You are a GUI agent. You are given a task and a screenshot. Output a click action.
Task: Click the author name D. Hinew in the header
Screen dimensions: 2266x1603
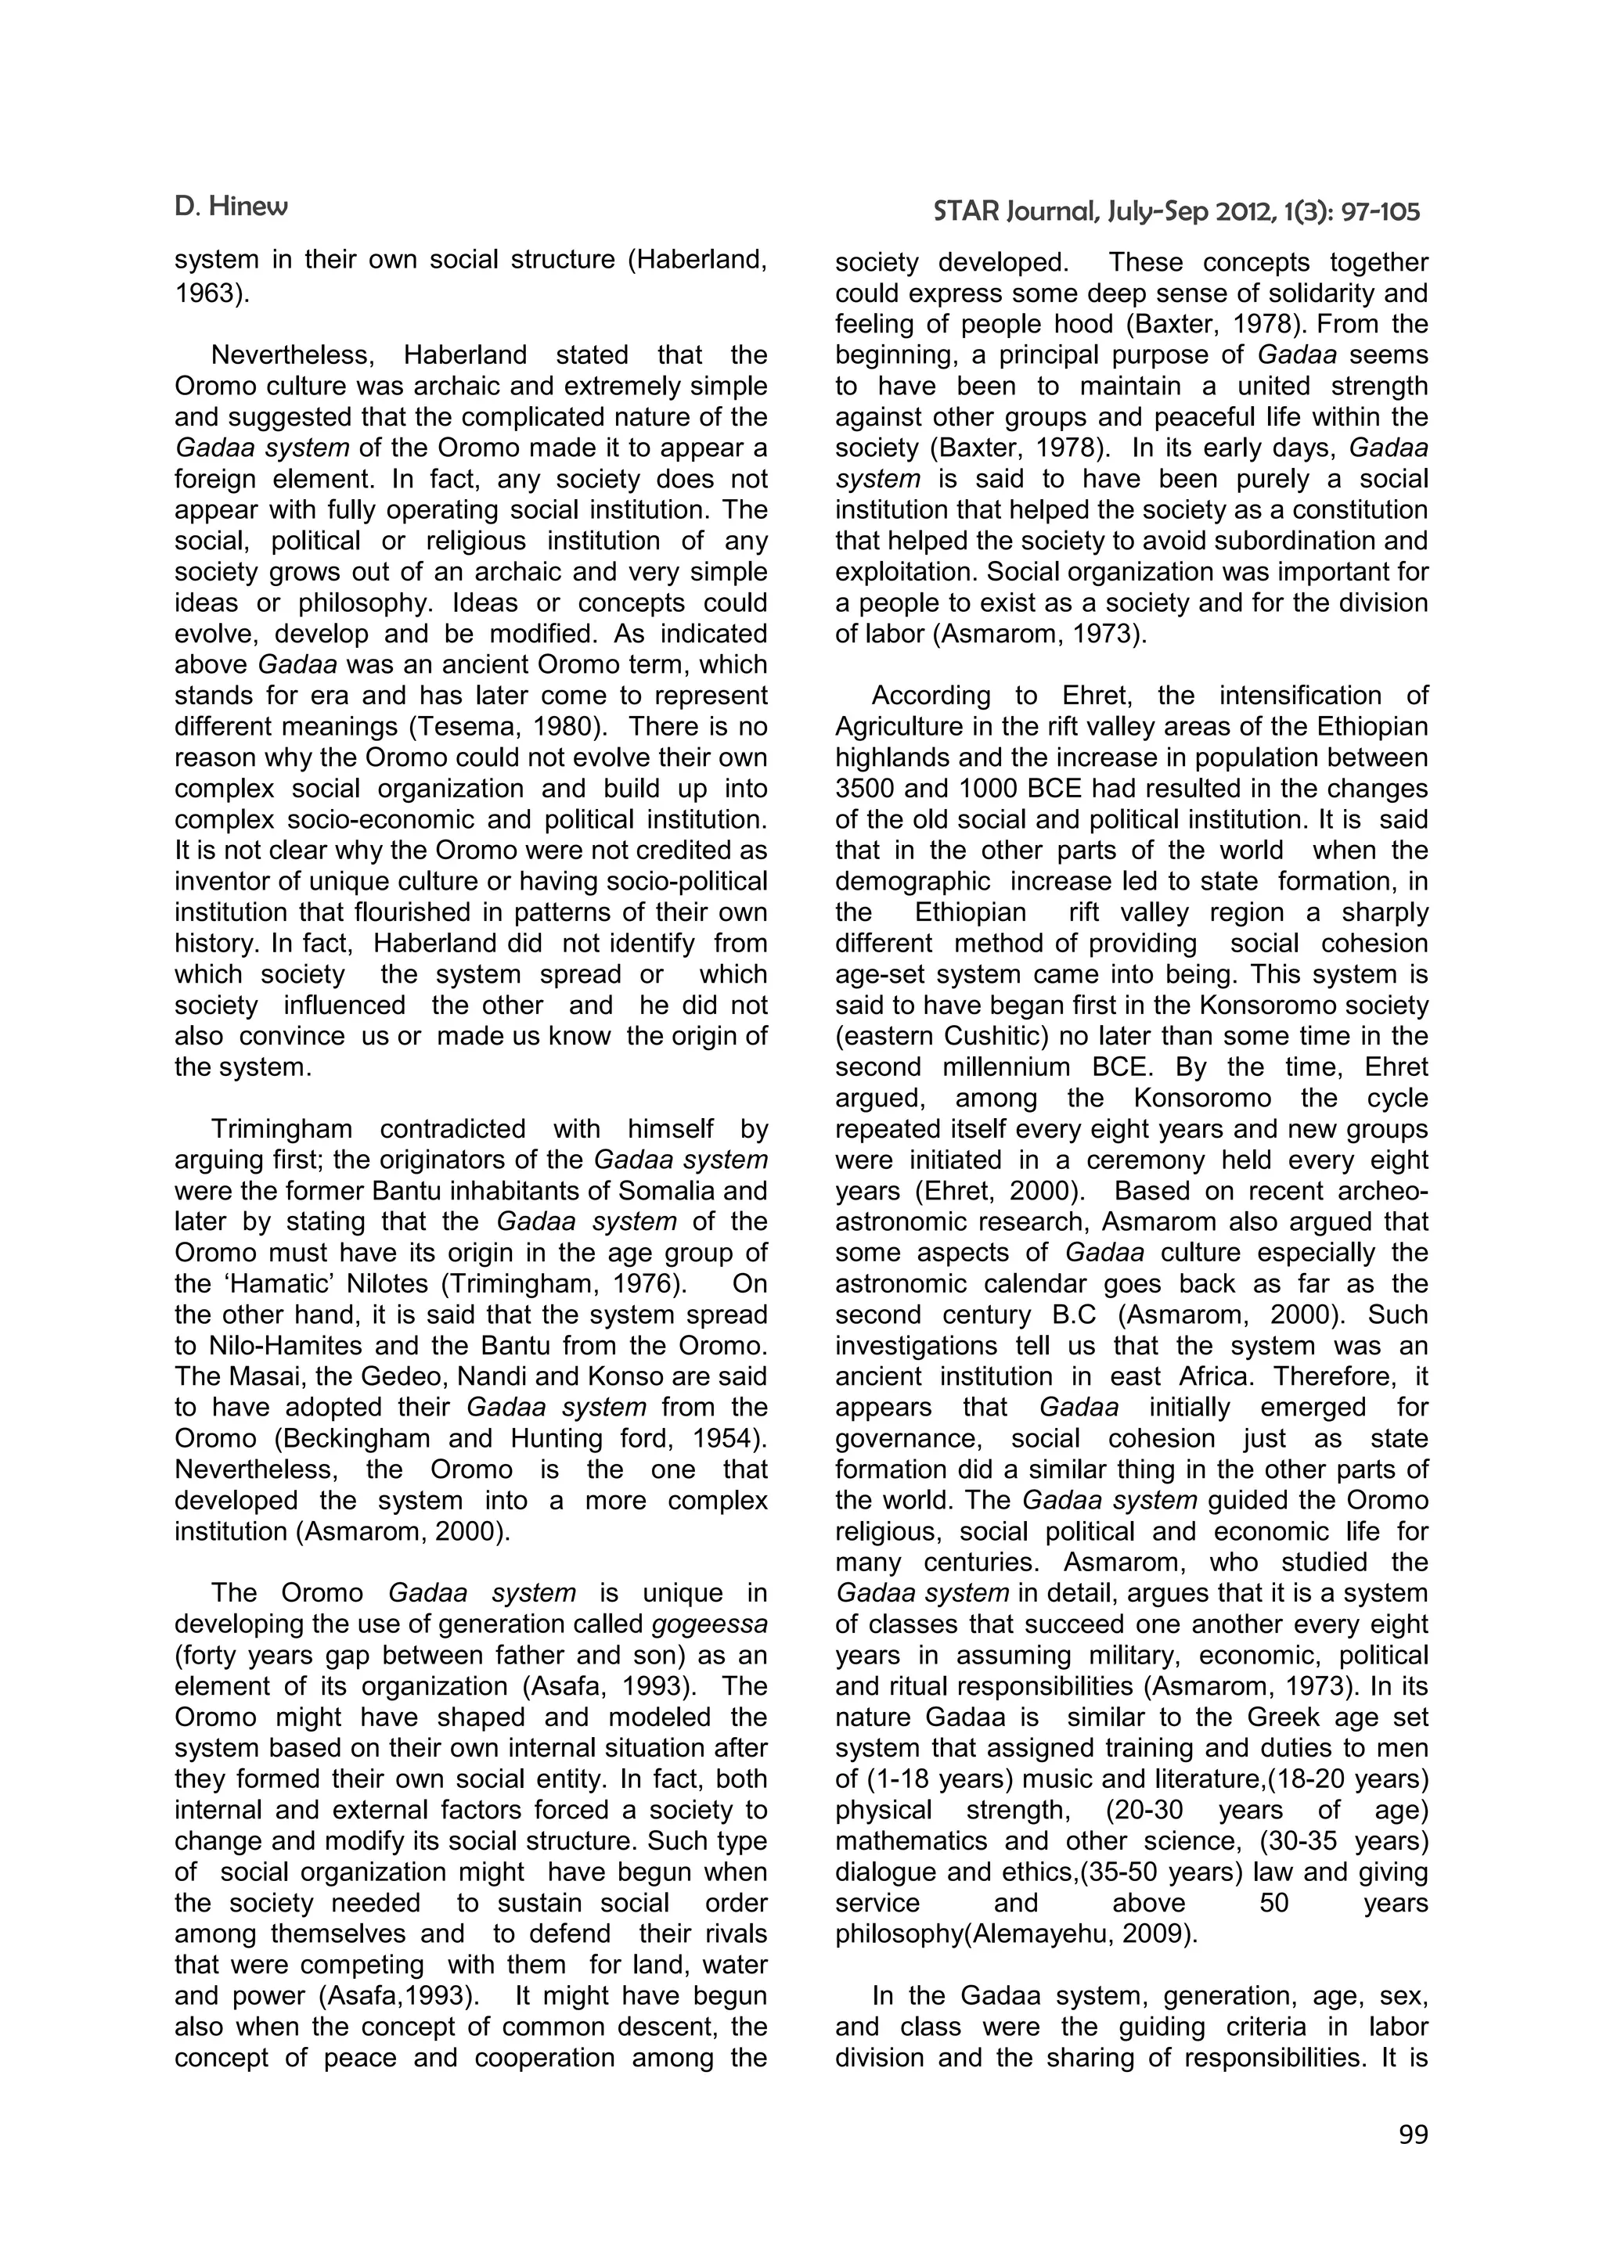pos(231,207)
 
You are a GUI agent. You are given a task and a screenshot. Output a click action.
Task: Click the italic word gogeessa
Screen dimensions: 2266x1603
pos(710,1624)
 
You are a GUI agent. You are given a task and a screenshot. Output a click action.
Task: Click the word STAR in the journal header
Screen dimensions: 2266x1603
pos(967,210)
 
